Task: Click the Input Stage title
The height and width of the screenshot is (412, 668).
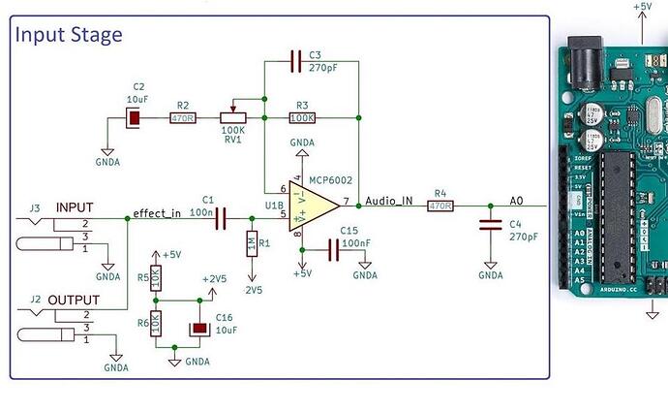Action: coord(68,35)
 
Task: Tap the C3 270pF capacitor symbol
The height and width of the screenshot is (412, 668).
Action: coord(297,64)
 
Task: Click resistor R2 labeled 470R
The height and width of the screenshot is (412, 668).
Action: coord(181,118)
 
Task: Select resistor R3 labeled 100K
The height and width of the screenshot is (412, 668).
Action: coord(302,118)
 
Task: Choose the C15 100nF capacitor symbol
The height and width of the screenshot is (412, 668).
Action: coord(335,250)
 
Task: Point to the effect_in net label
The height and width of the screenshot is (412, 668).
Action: coord(157,213)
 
